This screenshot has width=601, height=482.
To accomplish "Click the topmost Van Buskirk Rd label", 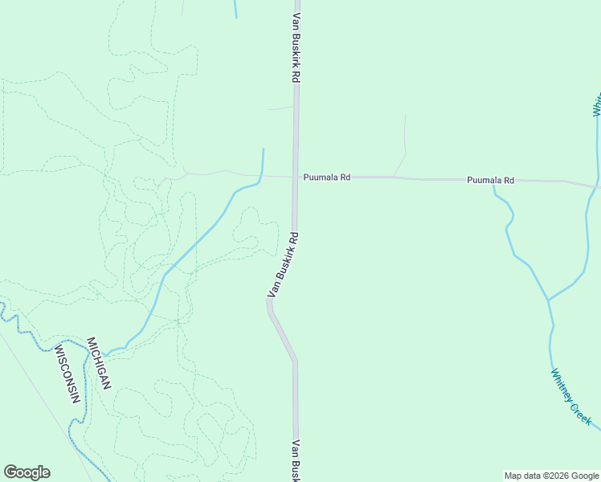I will tap(296, 47).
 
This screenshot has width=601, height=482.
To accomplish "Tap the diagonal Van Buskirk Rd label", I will tap(283, 265).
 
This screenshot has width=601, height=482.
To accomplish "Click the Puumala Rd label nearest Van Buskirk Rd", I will tap(326, 177).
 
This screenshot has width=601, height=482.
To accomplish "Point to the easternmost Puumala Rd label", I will tap(490, 181).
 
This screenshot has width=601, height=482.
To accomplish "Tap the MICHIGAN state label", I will tap(97, 363).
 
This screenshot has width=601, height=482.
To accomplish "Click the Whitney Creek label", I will tap(571, 397).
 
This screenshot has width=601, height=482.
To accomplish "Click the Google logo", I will tap(27, 472).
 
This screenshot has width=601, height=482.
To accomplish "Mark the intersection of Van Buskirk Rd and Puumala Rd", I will tap(296, 176).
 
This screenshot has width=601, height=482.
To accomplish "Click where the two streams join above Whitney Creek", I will tap(548, 300).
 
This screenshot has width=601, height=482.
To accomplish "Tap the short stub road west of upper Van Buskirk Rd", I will tap(280, 108).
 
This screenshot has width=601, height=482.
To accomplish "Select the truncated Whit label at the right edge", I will tap(597, 106).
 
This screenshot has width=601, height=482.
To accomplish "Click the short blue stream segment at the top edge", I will tap(235, 8).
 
